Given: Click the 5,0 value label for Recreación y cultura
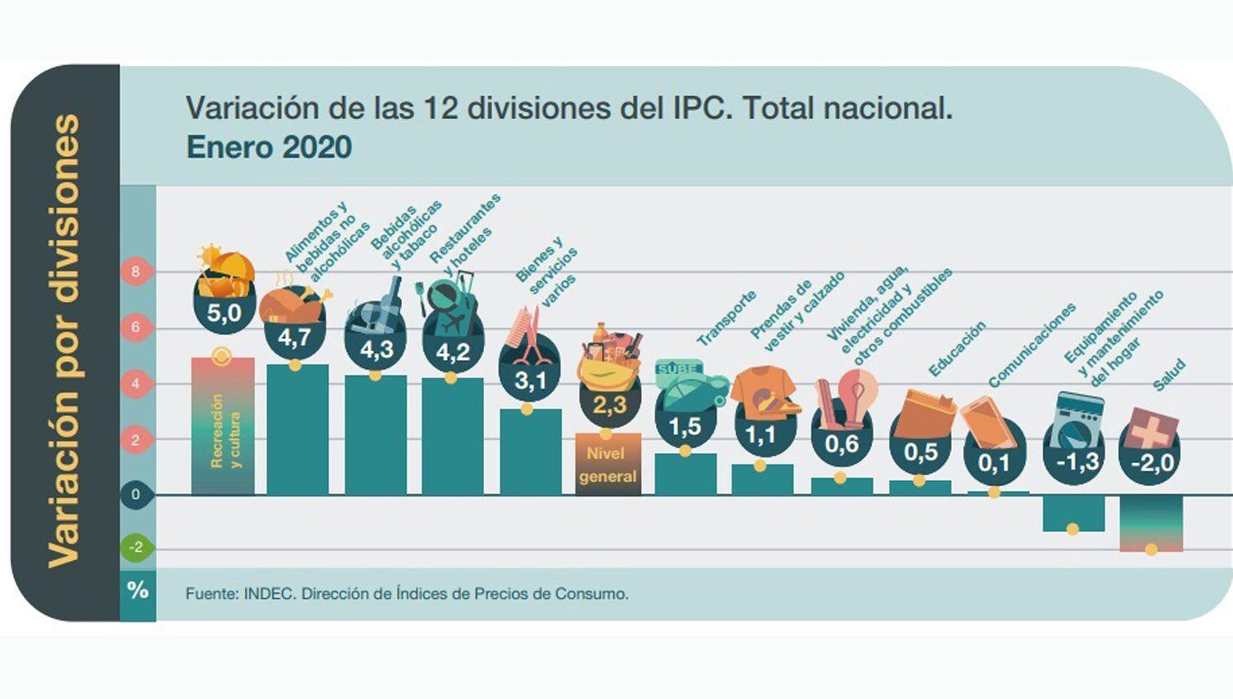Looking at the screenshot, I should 224,313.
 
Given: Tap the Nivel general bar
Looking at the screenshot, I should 608,465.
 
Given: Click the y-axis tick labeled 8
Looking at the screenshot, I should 136,271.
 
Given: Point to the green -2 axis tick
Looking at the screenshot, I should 136,548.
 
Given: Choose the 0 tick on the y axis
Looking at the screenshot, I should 136,495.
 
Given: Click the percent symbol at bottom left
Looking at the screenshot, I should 137,590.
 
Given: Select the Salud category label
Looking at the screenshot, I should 1169,375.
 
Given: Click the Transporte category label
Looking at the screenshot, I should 726,317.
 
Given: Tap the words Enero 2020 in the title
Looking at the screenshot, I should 269,147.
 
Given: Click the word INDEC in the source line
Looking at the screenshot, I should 268,594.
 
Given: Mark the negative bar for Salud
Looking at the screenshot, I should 1151,523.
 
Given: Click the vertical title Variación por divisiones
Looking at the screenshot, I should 64,341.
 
